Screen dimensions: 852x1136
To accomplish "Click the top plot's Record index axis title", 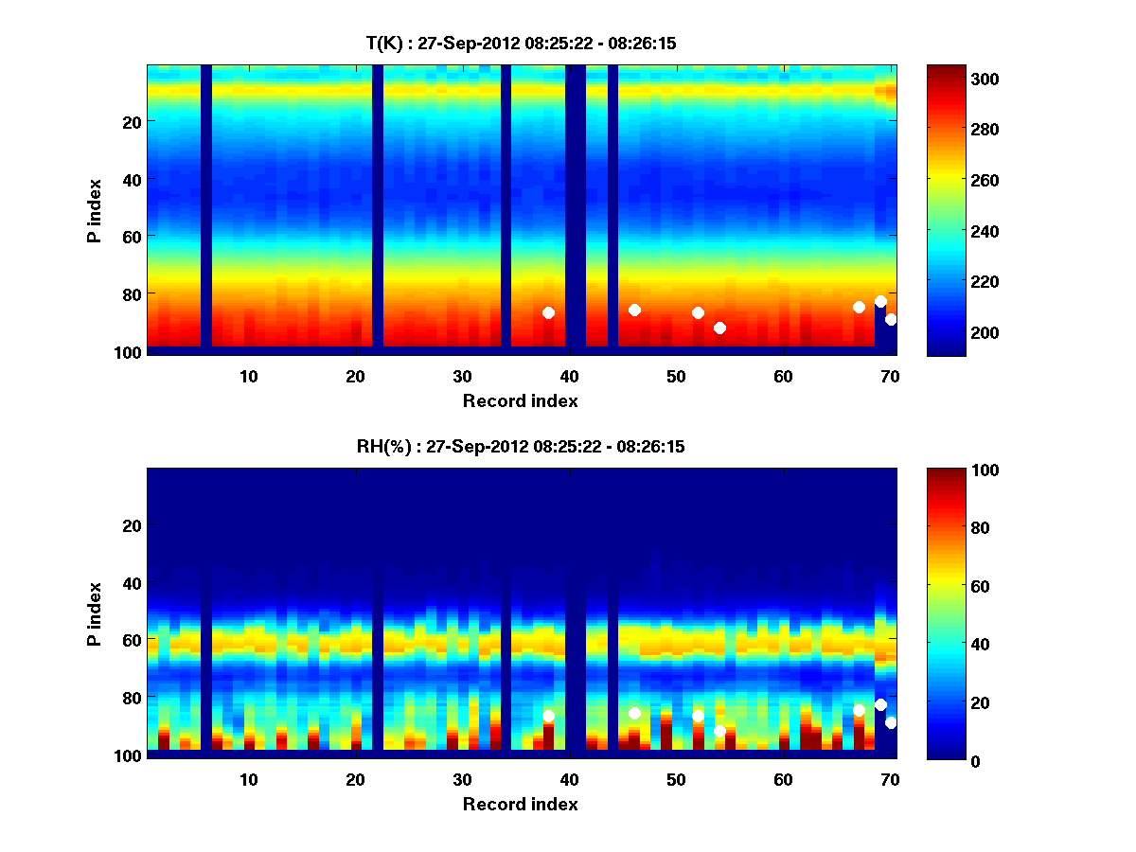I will [520, 400].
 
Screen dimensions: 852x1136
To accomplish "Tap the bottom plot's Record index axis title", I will [520, 804].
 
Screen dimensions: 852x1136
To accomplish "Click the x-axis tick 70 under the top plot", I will [890, 376].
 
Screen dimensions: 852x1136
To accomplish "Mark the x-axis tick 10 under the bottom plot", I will [248, 779].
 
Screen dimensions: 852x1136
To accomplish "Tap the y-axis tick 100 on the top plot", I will [130, 352].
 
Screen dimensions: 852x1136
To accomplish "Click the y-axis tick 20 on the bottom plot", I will [133, 525].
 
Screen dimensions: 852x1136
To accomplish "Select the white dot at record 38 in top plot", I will [548, 313].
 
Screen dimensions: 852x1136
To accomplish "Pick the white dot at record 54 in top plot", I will [719, 328].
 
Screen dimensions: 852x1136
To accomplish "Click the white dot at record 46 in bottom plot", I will [634, 713].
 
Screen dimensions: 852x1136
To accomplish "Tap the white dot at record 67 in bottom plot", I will [859, 710].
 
